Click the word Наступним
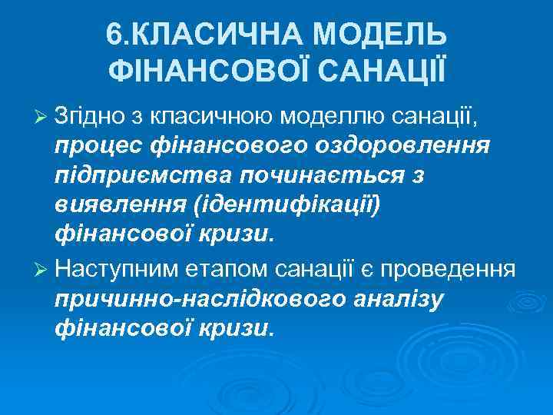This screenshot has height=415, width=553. click(x=116, y=270)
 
